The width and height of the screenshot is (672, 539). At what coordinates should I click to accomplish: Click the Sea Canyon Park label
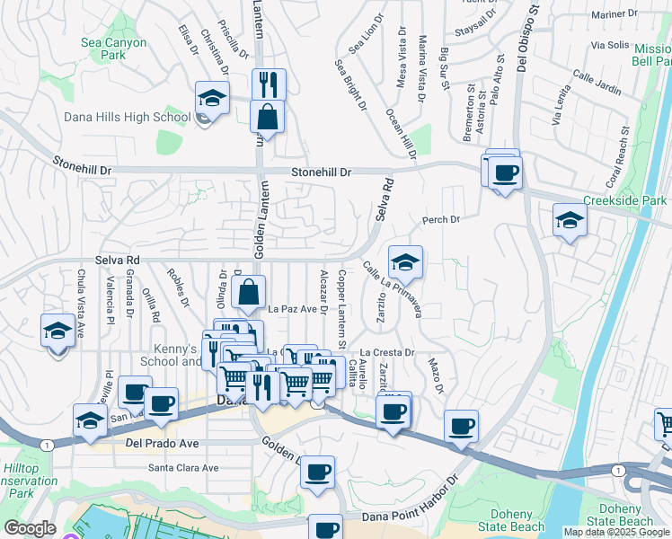tap(113, 49)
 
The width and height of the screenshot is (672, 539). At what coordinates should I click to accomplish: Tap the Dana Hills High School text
tap(127, 118)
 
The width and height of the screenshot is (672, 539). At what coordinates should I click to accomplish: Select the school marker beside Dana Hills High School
tap(212, 99)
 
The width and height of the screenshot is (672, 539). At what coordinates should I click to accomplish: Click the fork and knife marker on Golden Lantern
tap(269, 85)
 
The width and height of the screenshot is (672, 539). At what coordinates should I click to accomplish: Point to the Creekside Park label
tap(625, 201)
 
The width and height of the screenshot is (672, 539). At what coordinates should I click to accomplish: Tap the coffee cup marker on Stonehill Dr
tap(505, 172)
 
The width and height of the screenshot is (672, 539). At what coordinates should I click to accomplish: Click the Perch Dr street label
tap(441, 220)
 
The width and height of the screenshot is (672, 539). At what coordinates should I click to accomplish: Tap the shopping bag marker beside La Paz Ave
tap(249, 292)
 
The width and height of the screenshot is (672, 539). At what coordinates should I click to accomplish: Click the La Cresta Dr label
tap(387, 353)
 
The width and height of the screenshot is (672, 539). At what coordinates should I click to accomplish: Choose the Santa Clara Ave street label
tap(183, 468)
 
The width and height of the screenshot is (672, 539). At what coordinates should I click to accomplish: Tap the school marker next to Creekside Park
tap(570, 220)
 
